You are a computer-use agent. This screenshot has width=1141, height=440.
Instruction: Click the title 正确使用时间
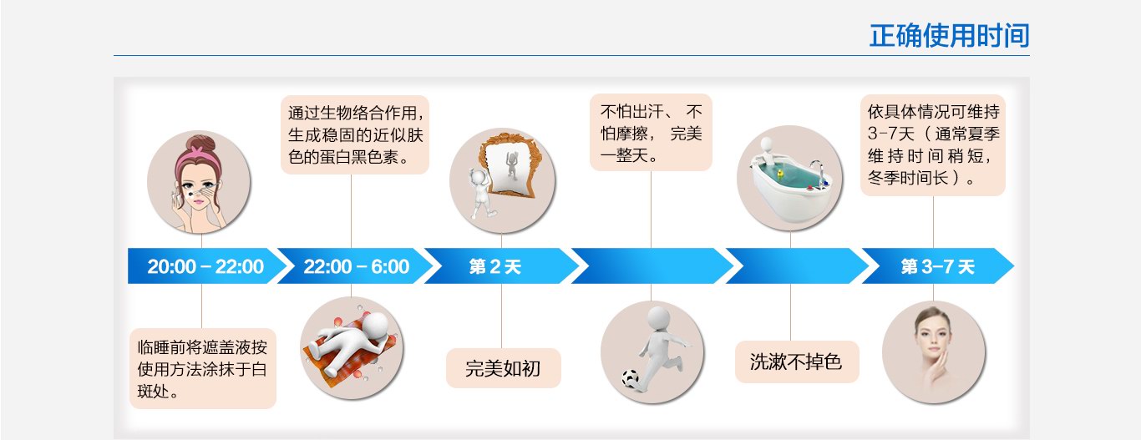(949, 36)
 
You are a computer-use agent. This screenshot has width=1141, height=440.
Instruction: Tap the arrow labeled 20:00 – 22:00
(205, 266)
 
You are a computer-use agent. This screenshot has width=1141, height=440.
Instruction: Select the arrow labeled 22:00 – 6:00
(357, 266)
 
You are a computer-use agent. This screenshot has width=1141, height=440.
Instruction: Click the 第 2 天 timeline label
(495, 266)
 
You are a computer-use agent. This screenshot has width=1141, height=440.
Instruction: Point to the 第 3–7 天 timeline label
(937, 266)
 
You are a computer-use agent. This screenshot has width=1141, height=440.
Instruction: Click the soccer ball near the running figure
(630, 378)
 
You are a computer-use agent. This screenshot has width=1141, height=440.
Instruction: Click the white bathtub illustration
(789, 189)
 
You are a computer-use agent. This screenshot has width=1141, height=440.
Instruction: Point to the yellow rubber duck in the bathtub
(779, 174)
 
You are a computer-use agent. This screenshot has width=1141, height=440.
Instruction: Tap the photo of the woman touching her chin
(934, 351)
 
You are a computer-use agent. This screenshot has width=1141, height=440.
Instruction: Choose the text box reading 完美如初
(504, 368)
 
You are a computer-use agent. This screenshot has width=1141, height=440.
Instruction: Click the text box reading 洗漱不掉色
(797, 362)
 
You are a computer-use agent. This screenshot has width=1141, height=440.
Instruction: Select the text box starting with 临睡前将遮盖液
(203, 369)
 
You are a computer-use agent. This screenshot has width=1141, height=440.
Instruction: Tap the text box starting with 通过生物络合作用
(355, 135)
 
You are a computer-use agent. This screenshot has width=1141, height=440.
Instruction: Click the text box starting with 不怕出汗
(651, 133)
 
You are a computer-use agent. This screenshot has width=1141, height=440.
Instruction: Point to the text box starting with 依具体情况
(933, 145)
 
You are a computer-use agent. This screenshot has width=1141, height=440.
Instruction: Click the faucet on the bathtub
(818, 170)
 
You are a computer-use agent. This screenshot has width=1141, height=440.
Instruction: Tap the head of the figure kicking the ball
(658, 317)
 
